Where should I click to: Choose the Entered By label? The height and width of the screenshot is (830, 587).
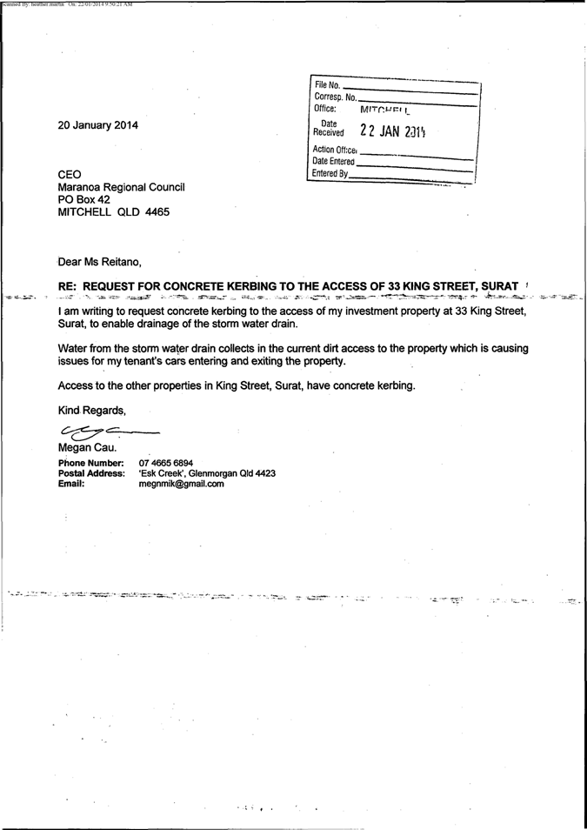pos(331,174)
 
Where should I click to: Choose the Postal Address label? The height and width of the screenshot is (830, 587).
pos(90,473)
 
